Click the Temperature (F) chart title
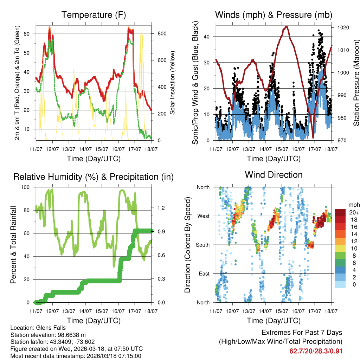pos(94,15)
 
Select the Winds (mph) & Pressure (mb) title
pos(274,15)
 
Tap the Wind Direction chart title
pos(274,175)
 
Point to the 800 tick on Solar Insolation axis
pos(162,34)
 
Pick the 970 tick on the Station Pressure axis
pos(341,141)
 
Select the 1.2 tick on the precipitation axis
pos(161,208)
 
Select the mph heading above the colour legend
pos(353,205)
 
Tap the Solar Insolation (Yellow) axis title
pos(173,83)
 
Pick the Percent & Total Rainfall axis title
pos(13,245)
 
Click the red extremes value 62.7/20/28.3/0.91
pos(316,351)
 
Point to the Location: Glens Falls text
pos(38,328)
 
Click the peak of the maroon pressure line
pos(287,26)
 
